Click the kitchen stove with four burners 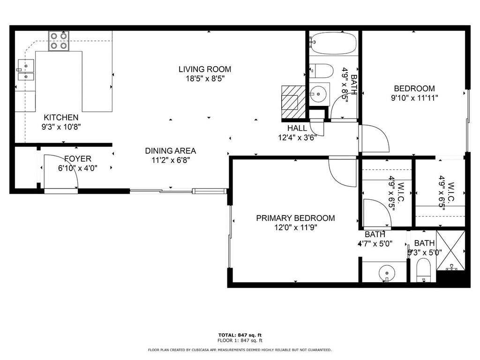coord(59,41)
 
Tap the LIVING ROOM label coord(205,69)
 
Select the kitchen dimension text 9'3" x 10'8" coord(61,127)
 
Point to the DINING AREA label coord(171,150)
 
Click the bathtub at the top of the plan coord(333,44)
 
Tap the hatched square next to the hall coord(293,102)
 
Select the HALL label coord(297,128)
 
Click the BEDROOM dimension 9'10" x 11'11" coord(414,98)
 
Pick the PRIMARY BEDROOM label coord(295,218)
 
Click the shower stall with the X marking coord(450,250)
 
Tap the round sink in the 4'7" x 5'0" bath coord(387,272)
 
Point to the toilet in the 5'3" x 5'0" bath coord(424,270)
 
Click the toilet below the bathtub coord(321,71)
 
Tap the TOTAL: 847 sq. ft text coord(240,335)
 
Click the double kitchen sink coord(26,70)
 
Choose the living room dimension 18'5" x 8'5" coord(205,79)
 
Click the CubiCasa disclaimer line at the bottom coord(240,350)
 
